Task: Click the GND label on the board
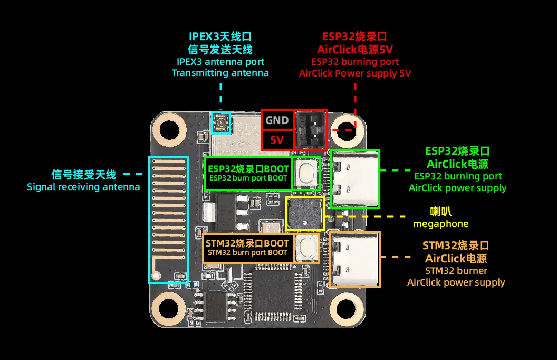pos(277,120)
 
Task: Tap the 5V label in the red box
pos(277,140)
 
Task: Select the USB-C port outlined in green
pos(354,179)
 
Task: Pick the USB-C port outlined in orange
pos(354,259)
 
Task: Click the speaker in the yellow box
pos(305,214)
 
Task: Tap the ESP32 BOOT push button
pos(306,173)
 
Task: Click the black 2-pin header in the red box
pos(311,130)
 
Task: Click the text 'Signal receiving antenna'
pos(83,186)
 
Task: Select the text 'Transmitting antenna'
pos(220,73)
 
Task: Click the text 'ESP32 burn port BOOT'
pos(248,178)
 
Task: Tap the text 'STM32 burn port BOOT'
pos(247,252)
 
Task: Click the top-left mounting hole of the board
pos(169,130)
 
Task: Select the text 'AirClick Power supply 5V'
pos(354,73)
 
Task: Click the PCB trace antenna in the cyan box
pos(168,219)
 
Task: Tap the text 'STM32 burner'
pos(456,271)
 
